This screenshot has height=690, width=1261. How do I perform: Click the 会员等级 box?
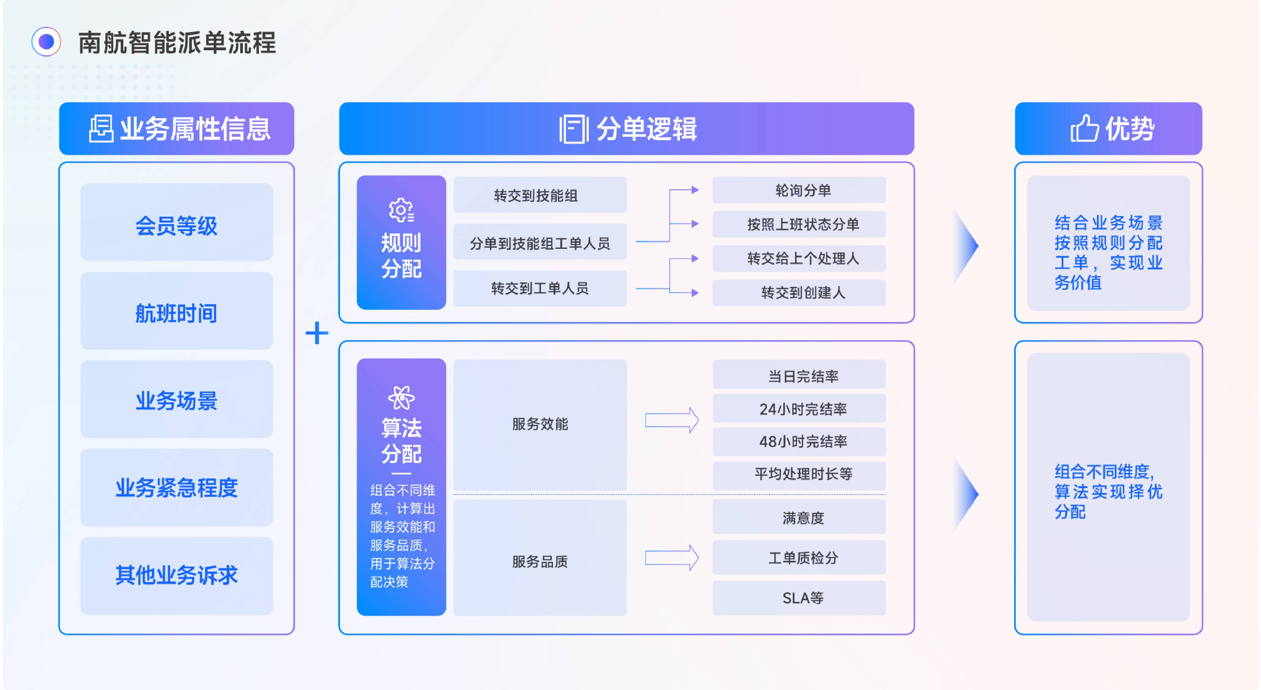176,223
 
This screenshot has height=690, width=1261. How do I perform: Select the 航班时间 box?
176,311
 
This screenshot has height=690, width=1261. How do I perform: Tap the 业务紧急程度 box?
176,487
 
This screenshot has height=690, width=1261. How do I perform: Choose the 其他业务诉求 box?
176,576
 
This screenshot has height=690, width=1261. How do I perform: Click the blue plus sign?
317,333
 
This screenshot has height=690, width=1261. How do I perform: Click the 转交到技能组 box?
540,195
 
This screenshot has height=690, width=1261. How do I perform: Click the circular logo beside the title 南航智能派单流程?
46,42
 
